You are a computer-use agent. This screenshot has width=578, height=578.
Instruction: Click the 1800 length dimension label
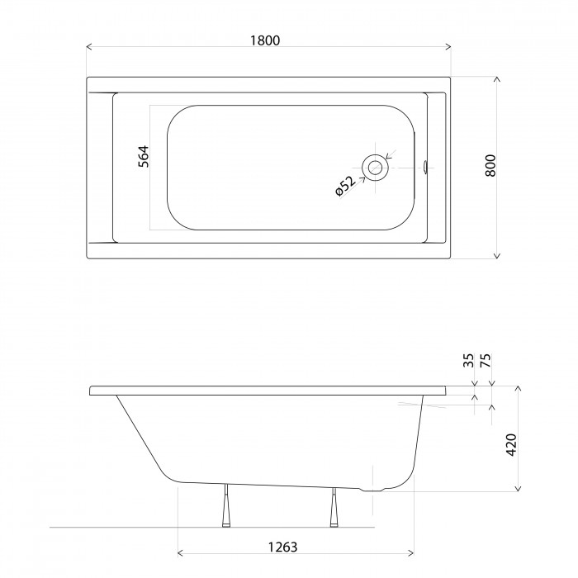pyautogui.click(x=265, y=40)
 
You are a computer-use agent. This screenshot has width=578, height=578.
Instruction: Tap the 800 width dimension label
pyautogui.click(x=490, y=166)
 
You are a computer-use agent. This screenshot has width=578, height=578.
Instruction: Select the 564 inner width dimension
pyautogui.click(x=144, y=156)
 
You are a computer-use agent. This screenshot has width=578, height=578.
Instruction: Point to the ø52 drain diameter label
pyautogui.click(x=345, y=186)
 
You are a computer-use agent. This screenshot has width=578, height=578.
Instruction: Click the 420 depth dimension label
pyautogui.click(x=512, y=444)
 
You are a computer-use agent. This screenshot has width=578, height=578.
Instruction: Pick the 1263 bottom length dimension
pyautogui.click(x=282, y=547)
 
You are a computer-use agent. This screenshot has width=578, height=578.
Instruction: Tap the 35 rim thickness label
pyautogui.click(x=468, y=361)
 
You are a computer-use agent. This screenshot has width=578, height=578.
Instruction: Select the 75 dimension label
pyautogui.click(x=486, y=361)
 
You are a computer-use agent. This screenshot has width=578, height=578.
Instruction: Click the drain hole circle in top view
pyautogui.click(x=375, y=168)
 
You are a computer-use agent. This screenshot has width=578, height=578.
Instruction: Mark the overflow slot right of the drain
pyautogui.click(x=425, y=168)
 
